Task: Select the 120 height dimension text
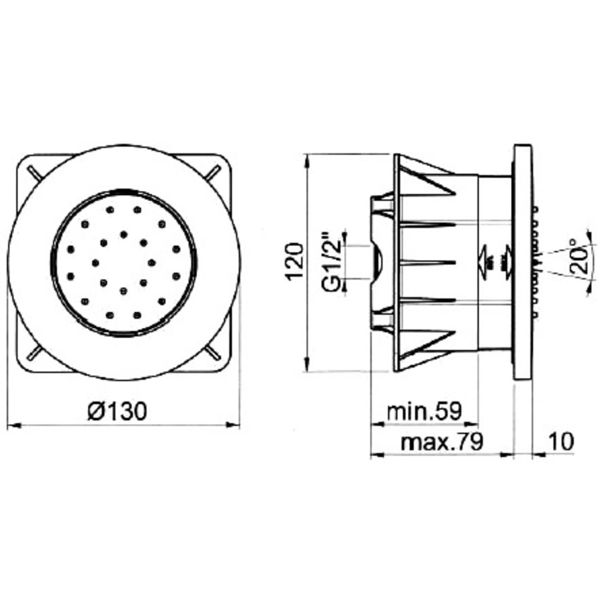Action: [x=294, y=262]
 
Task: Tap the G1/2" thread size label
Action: [x=330, y=262]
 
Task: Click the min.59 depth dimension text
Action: [x=424, y=411]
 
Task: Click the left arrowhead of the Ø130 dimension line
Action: [x=12, y=425]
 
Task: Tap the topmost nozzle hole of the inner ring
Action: [x=124, y=235]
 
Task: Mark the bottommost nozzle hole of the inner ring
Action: [x=124, y=290]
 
